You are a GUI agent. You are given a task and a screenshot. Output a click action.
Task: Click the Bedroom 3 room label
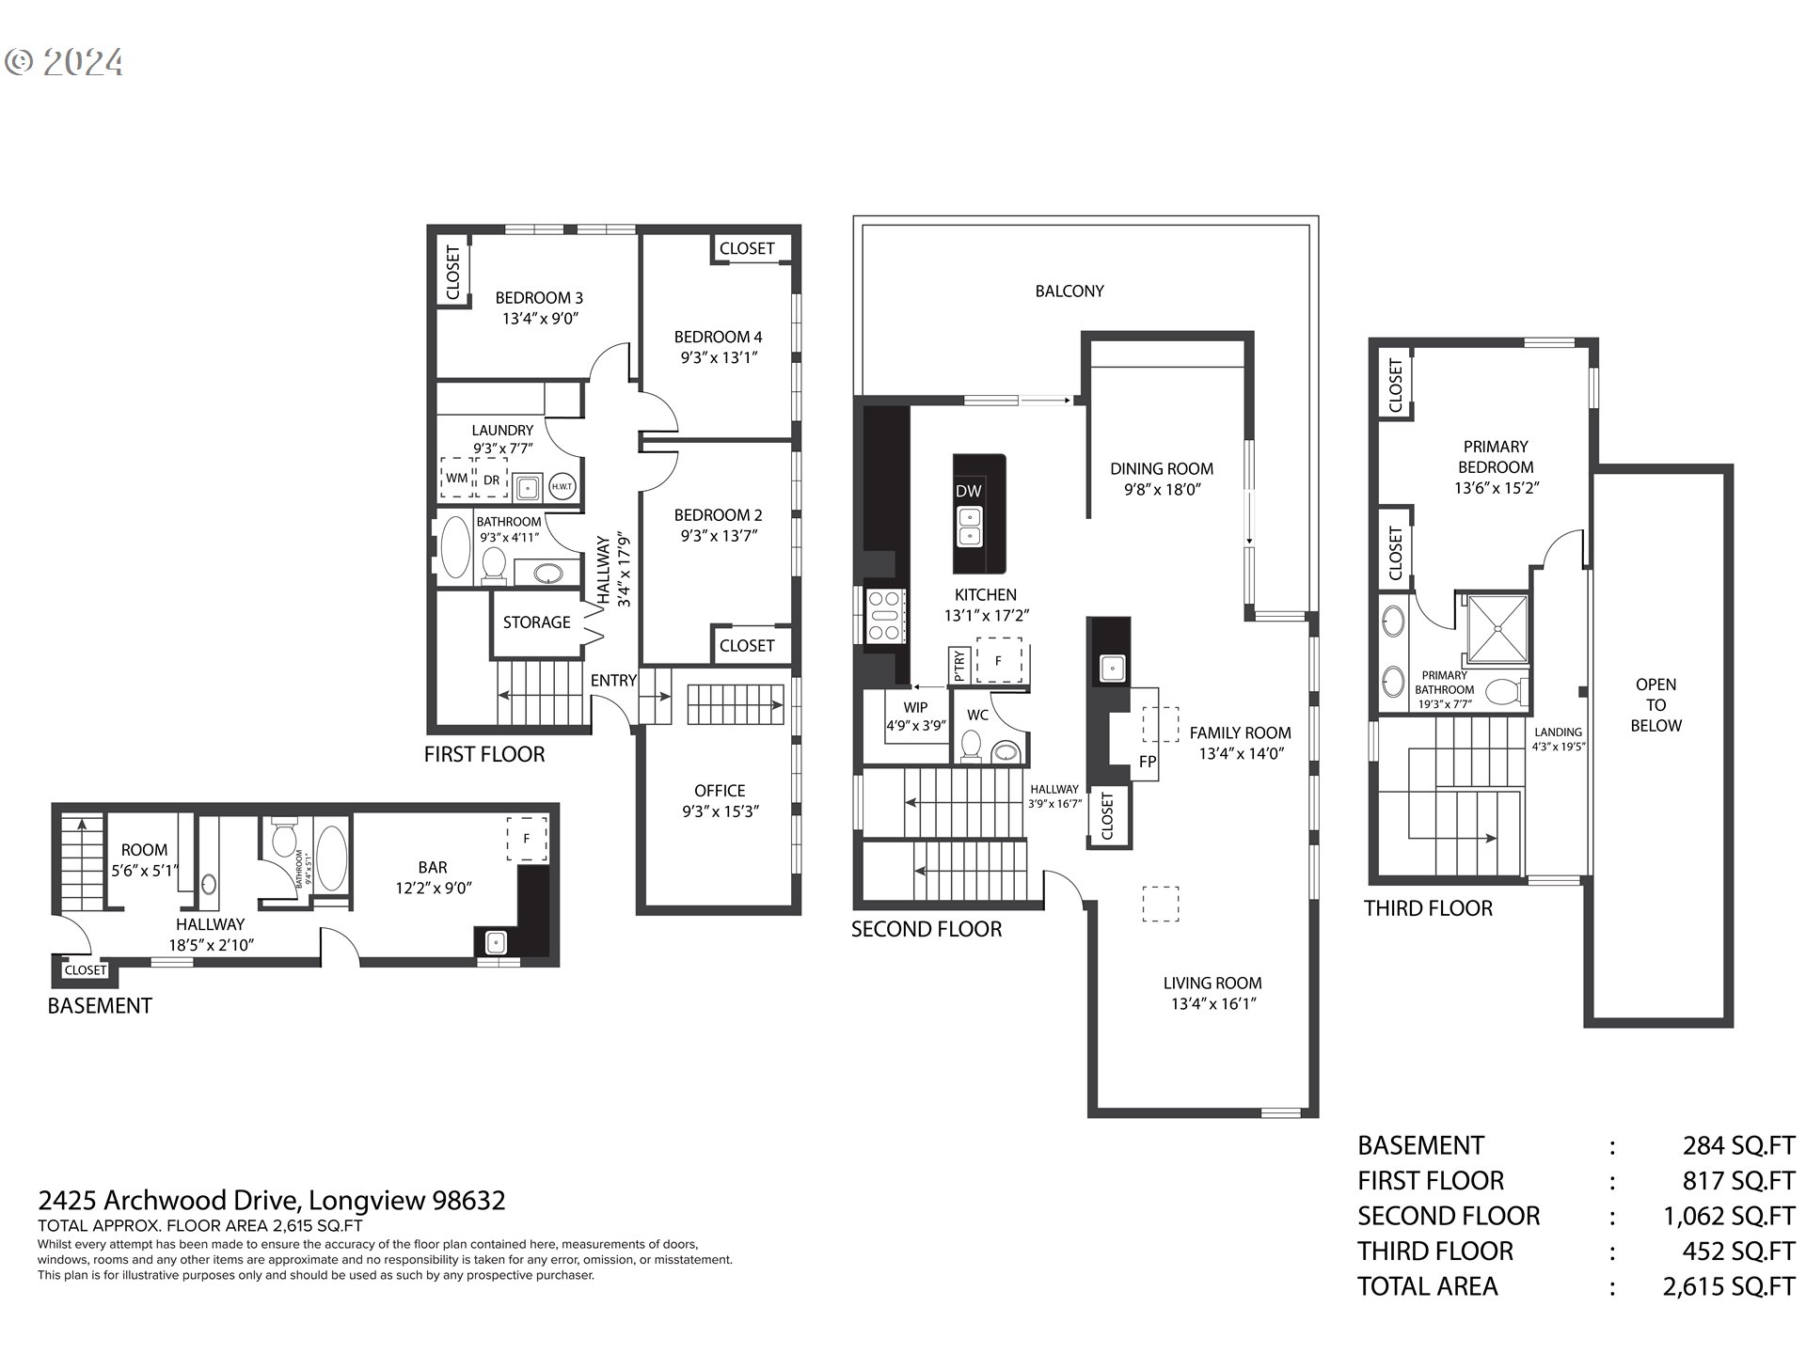tap(539, 298)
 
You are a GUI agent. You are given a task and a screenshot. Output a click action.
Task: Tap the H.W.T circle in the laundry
tap(562, 485)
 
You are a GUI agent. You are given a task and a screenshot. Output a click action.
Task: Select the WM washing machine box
tap(456, 478)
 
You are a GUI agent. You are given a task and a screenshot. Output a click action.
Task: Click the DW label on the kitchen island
tap(968, 491)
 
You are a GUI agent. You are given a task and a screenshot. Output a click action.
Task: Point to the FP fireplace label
tap(1147, 762)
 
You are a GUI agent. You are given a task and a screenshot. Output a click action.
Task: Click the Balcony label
tap(1069, 291)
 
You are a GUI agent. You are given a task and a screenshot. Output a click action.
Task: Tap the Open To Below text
tap(1655, 705)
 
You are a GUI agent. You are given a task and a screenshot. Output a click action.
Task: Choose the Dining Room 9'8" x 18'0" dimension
tap(1162, 489)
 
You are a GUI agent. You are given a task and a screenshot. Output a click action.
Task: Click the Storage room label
tap(536, 622)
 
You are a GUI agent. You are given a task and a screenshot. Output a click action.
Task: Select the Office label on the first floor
tap(720, 791)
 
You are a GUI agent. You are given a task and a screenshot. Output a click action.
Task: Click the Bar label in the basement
tap(433, 867)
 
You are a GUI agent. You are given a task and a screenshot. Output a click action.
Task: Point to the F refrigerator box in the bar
tap(527, 838)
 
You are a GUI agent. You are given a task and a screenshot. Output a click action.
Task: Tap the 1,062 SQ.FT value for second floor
tap(1729, 1216)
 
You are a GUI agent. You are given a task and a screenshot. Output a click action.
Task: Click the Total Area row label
tap(1427, 1286)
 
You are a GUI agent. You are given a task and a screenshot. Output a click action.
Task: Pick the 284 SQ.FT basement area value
tap(1738, 1145)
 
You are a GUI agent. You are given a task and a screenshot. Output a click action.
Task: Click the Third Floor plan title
tap(1428, 908)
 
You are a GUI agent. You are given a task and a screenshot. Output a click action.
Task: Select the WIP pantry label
tap(915, 707)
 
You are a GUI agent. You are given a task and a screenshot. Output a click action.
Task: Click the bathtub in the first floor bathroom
tap(455, 546)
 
